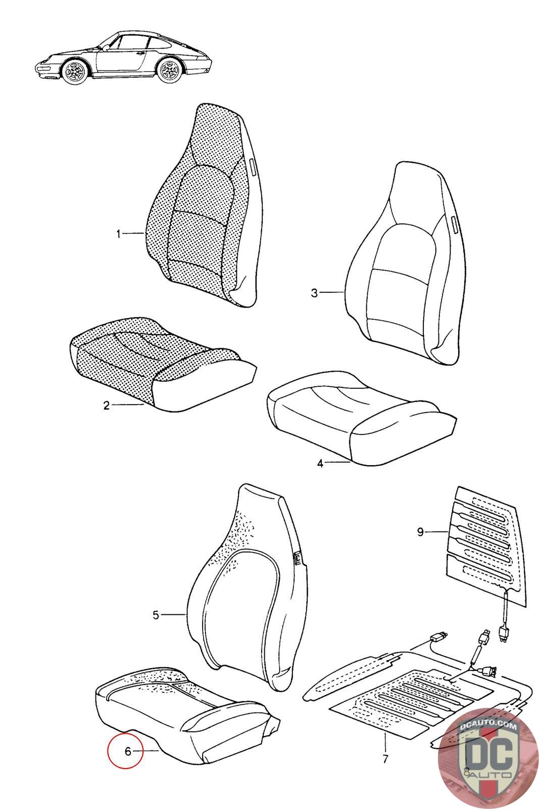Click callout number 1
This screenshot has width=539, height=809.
pos(119,234)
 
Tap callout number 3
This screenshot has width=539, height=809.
pos(314,293)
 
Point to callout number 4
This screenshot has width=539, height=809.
pos(320,463)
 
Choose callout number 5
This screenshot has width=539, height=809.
pos(156,615)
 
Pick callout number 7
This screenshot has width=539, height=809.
pos(385,759)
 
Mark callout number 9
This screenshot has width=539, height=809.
pos(420,531)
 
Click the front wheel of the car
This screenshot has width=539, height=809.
pos(74,71)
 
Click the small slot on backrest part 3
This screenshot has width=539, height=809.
pos(453,223)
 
